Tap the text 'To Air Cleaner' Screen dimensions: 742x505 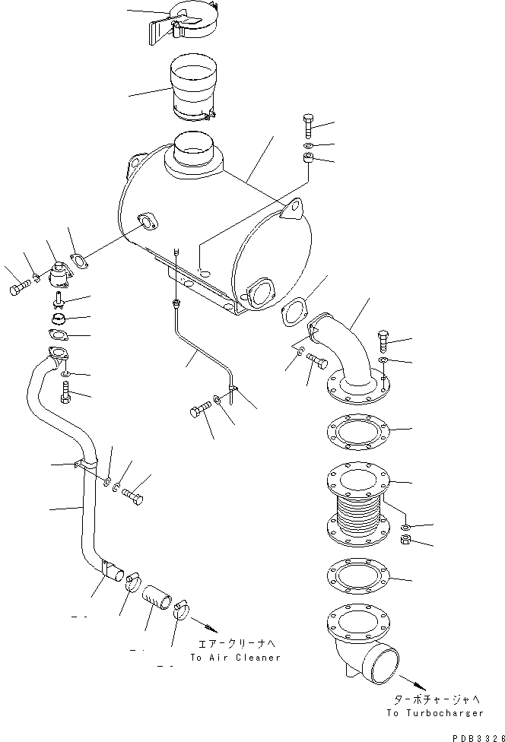click(236, 657)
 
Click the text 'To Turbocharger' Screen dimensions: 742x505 click(434, 713)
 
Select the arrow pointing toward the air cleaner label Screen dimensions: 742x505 click(205, 629)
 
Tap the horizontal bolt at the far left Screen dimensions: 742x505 click(21, 290)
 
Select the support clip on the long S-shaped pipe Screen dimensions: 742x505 click(87, 465)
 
